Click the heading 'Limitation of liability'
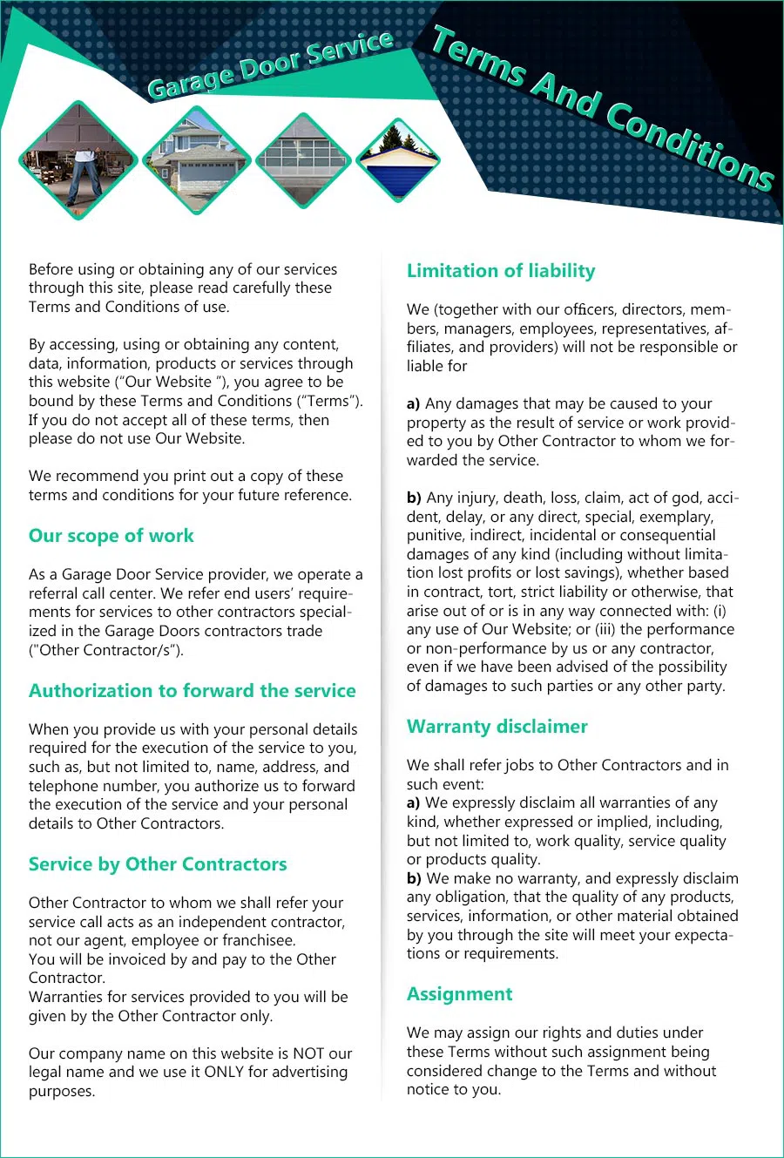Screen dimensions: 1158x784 tap(501, 271)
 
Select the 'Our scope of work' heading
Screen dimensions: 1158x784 tap(112, 536)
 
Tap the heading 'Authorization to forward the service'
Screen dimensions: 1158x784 tap(193, 691)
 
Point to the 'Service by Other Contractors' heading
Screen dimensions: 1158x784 tap(158, 864)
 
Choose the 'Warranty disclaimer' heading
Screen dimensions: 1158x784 tap(497, 727)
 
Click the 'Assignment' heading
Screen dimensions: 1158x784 tap(459, 994)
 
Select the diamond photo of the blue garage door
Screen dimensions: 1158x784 tap(398, 160)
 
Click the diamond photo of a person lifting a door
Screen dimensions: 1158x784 tap(78, 160)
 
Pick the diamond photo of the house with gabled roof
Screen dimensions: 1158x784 tap(197, 160)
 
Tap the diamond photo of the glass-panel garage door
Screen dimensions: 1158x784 tap(302, 160)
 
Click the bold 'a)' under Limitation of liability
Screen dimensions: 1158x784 tap(414, 404)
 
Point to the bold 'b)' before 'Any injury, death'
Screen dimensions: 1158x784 tap(414, 498)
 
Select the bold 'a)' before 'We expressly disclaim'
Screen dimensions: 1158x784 tap(414, 802)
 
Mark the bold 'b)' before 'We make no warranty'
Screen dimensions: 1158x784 tap(414, 878)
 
